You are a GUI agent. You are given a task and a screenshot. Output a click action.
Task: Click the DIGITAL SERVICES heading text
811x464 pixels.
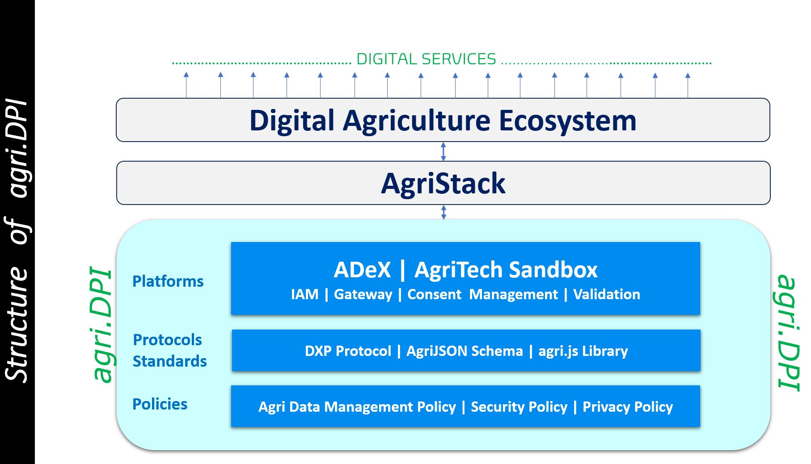[x=426, y=59]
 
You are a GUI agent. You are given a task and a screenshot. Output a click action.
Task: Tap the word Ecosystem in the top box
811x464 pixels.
[x=567, y=121]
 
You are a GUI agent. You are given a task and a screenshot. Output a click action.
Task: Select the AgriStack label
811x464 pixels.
[x=443, y=184]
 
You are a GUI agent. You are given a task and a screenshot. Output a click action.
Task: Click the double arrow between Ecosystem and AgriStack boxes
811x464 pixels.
[x=444, y=151]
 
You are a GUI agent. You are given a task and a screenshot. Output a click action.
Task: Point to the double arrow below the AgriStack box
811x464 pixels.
[x=444, y=212]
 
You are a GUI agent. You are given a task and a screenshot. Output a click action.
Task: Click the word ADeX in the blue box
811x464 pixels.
[x=362, y=270]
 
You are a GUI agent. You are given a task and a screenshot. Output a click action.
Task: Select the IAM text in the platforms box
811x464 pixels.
[x=305, y=294]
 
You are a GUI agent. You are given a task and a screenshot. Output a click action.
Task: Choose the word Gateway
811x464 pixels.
[x=363, y=295]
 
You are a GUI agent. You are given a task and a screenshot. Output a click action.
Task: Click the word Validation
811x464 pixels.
[x=607, y=294]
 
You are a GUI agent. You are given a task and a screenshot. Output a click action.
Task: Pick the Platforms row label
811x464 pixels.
[x=168, y=281]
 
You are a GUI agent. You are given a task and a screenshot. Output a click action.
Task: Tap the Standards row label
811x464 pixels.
[x=170, y=361]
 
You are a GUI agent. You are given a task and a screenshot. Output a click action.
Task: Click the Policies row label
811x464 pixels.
[x=160, y=404]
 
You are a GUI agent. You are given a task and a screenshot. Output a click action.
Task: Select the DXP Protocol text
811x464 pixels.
[x=348, y=351]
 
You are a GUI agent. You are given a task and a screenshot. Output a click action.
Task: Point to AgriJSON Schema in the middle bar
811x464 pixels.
[x=465, y=351]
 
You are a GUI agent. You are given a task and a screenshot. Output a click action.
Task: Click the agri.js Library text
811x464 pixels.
[x=583, y=351]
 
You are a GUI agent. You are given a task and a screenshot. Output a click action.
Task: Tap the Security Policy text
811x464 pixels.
[x=519, y=407]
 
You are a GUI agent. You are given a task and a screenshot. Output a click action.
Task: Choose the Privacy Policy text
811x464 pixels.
[x=628, y=407]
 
